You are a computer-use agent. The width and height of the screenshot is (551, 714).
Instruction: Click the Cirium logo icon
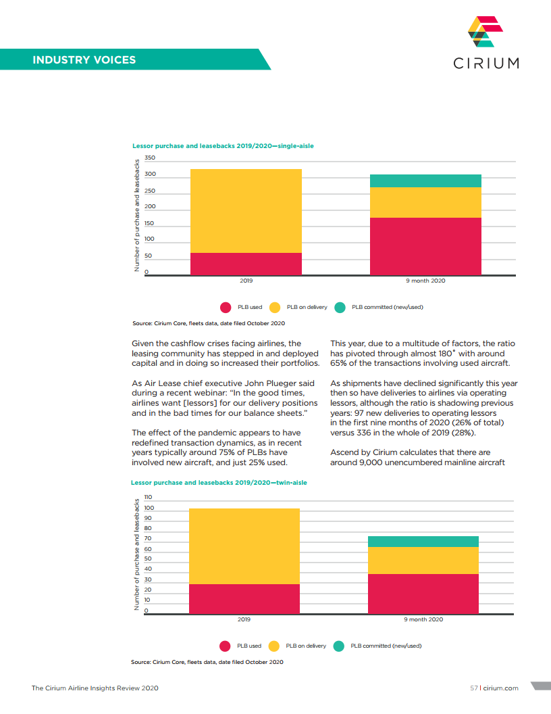486,32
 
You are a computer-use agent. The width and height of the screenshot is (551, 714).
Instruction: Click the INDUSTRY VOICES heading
84,59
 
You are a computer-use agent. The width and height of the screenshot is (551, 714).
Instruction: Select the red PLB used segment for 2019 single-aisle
246,264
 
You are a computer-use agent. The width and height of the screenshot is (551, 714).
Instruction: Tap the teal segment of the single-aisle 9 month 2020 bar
425,181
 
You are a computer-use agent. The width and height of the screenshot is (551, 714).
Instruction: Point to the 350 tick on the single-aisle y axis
150,158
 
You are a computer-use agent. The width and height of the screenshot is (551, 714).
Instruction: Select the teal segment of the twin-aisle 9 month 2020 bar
423,541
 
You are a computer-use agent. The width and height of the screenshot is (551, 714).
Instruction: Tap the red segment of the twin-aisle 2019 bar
244,598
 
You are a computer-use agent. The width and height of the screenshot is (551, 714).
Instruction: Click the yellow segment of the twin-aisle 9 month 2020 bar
423,560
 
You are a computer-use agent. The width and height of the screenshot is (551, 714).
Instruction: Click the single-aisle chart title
223,145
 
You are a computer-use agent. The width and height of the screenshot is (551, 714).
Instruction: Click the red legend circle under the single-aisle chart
226,308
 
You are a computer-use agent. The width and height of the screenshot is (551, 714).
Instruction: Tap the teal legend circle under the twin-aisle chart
338,646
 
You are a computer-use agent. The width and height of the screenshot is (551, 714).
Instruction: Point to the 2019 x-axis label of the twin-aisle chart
244,619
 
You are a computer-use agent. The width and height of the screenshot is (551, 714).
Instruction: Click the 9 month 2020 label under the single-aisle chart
425,281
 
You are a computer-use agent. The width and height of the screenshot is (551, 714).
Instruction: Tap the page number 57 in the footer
474,688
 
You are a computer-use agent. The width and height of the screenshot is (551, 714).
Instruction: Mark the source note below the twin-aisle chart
207,662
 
